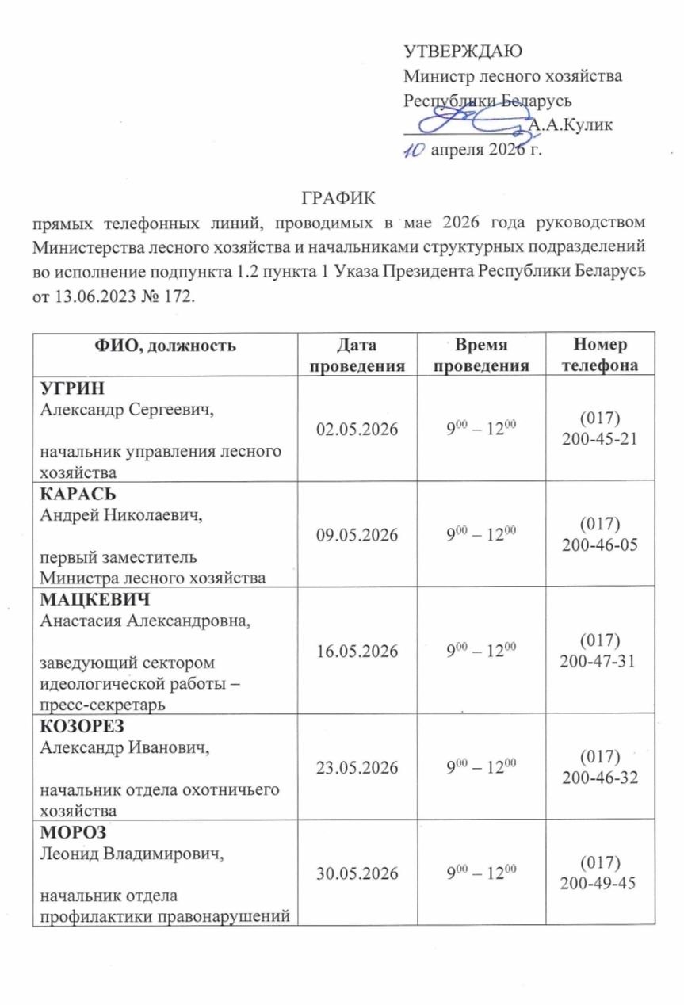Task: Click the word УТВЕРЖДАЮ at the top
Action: (x=463, y=54)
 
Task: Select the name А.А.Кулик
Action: (x=569, y=125)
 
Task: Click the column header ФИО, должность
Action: (x=166, y=346)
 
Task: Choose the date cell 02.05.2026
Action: (x=358, y=429)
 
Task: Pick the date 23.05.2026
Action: (x=358, y=767)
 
